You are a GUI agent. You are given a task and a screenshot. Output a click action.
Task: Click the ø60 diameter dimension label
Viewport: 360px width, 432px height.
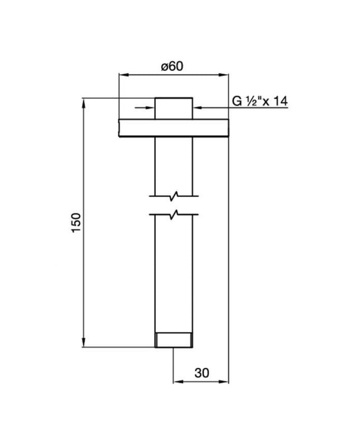[172, 66]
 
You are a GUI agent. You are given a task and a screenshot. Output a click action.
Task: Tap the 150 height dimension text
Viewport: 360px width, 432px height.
[76, 223]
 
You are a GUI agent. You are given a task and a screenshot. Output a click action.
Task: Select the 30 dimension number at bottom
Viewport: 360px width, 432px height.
[202, 373]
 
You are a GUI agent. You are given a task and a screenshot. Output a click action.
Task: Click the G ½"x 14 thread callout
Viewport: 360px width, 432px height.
[260, 101]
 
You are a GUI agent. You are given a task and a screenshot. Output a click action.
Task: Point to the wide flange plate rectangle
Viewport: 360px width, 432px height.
[174, 128]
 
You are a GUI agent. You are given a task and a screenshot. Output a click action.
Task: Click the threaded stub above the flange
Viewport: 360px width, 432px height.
[174, 108]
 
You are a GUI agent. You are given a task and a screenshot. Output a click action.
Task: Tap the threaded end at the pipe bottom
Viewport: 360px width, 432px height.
[174, 340]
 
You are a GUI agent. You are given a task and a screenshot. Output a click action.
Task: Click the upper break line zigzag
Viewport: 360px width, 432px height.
[174, 196]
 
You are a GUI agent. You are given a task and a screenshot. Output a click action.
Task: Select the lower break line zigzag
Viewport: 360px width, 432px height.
[174, 215]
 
